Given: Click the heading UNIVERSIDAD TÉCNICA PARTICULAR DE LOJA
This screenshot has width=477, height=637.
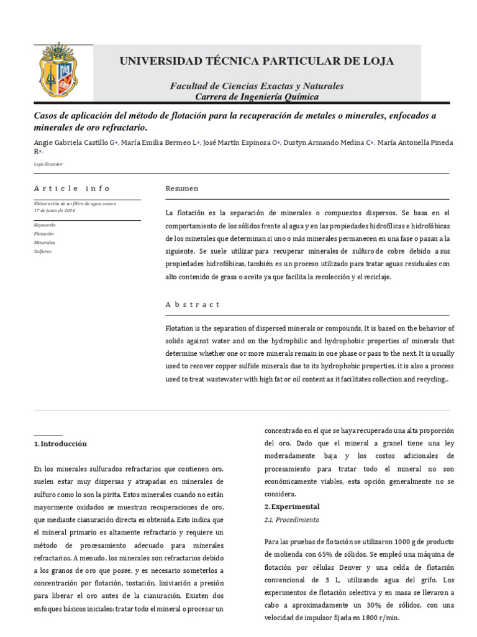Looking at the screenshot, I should click(257, 61).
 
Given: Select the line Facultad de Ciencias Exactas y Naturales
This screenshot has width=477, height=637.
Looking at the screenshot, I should click(257, 86).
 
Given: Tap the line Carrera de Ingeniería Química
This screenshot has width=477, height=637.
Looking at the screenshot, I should click(257, 97).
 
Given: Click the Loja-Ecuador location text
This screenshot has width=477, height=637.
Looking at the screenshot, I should click(48, 164).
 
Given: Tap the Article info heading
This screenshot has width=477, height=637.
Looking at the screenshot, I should click(72, 188).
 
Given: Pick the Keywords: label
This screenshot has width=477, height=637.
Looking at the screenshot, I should click(45, 225).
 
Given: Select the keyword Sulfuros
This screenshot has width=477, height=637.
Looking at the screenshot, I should click(43, 251).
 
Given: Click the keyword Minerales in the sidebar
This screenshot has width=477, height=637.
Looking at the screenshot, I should click(44, 242).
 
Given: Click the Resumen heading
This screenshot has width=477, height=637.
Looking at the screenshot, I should click(182, 188).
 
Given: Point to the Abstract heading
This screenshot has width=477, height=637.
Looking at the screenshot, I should click(193, 304).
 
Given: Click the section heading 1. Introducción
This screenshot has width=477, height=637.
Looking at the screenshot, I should click(60, 444).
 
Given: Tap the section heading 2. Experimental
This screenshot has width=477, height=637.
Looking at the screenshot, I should click(292, 506).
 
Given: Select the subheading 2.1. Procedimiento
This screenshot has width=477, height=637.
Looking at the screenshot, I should click(292, 519).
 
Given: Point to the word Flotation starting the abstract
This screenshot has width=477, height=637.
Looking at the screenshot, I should click(180, 328).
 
